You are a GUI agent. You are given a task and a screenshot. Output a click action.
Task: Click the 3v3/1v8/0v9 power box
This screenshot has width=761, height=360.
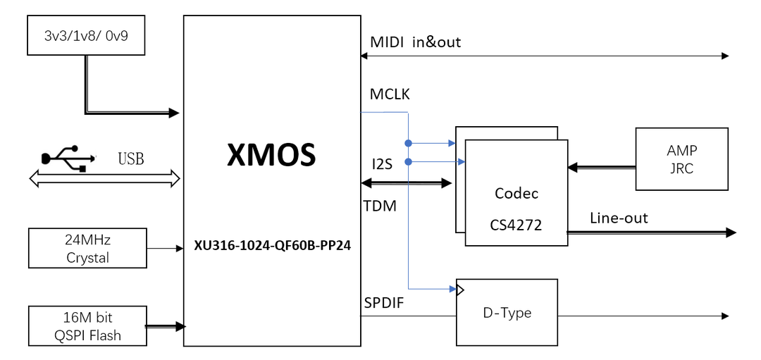pyautogui.click(x=86, y=36)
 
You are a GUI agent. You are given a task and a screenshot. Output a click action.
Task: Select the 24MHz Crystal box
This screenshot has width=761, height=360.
pyautogui.click(x=87, y=248)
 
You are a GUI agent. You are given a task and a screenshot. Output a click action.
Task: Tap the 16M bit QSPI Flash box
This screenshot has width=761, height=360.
pyautogui.click(x=87, y=325)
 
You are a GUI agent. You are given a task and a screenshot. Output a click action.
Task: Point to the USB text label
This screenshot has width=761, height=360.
pyautogui.click(x=131, y=159)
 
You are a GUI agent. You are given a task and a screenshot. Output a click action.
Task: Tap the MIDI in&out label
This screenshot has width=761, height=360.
pyautogui.click(x=415, y=42)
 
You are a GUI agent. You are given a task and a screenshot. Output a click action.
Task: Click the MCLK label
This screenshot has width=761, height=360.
pyautogui.click(x=390, y=94)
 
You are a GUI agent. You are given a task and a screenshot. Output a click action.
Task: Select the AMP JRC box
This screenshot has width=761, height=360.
pyautogui.click(x=681, y=159)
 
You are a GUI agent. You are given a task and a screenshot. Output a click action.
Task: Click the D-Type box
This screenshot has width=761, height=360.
pyautogui.click(x=507, y=312)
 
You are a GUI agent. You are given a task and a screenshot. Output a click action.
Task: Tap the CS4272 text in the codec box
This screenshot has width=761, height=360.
pyautogui.click(x=517, y=227)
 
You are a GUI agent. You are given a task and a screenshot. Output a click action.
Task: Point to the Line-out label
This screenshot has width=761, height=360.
pyautogui.click(x=618, y=218)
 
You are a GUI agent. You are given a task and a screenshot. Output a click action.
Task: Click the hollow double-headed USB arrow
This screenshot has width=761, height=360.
pyautogui.click(x=105, y=180)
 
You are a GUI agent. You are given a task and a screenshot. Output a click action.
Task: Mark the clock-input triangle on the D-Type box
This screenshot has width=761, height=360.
pyautogui.click(x=461, y=289)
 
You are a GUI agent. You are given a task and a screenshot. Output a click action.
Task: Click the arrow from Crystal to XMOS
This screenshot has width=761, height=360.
pyautogui.click(x=165, y=249)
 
